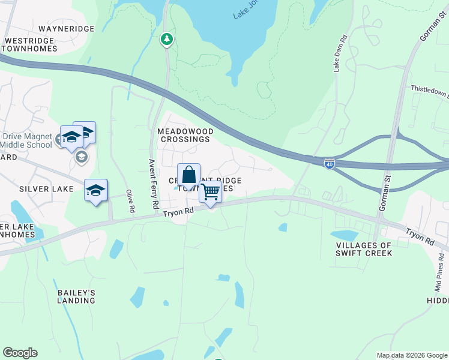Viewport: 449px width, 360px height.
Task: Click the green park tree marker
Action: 167,40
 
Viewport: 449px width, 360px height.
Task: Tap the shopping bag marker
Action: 188,175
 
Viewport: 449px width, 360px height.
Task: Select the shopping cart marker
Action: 210,193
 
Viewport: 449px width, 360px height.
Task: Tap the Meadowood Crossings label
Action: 184,134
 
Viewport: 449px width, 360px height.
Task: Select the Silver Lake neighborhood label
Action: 46,188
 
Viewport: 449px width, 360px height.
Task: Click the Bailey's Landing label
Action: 76,296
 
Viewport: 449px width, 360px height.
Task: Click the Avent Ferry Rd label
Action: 154,183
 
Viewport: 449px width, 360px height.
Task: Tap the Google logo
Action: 20,353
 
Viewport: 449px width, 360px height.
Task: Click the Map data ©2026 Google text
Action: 412,355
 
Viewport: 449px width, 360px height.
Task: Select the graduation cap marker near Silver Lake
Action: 95,191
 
